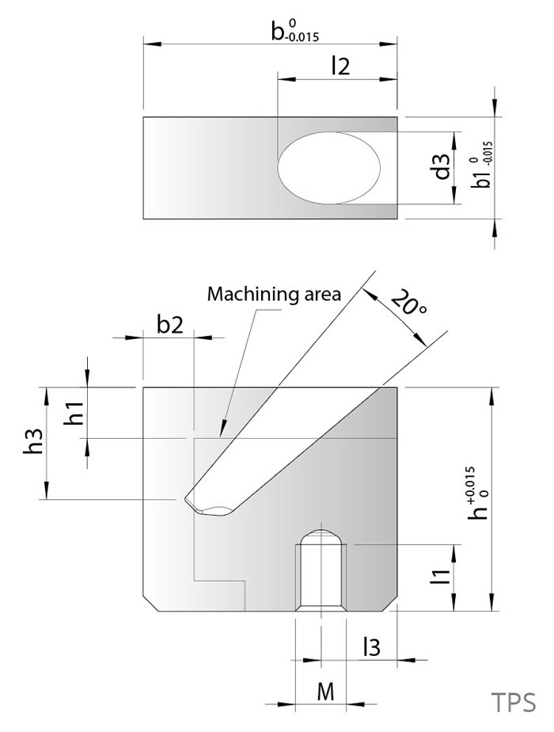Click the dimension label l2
(x=340, y=67)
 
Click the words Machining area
(x=274, y=295)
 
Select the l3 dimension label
(x=370, y=648)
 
